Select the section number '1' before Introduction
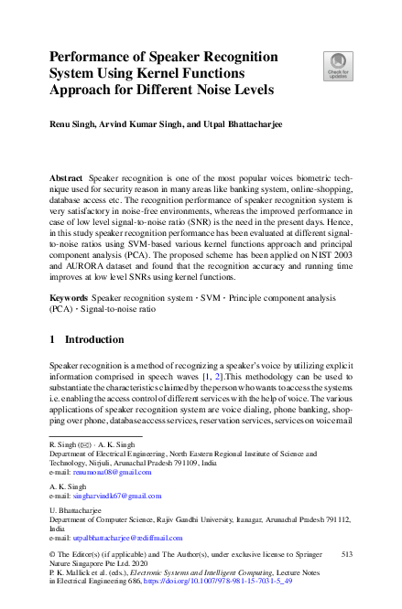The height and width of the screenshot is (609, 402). [x=52, y=339]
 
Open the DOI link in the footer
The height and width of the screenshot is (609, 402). [x=255, y=579]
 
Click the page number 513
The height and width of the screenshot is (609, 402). [x=345, y=554]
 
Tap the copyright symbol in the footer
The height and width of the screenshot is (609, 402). [x=51, y=555]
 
